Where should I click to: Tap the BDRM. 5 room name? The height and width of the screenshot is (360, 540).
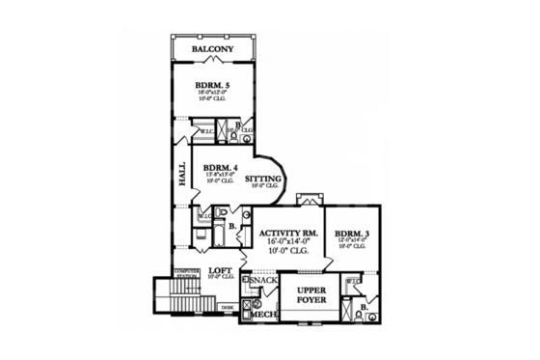(x=210, y=85)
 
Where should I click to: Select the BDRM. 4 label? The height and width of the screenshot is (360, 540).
(x=221, y=166)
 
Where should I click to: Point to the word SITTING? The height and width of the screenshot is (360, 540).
(x=263, y=179)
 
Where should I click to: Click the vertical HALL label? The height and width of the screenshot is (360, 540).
(x=182, y=174)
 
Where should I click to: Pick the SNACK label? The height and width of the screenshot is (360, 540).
(x=263, y=280)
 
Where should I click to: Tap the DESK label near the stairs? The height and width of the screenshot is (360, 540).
(x=227, y=307)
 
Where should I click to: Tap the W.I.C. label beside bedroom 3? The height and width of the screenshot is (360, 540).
(x=354, y=282)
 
